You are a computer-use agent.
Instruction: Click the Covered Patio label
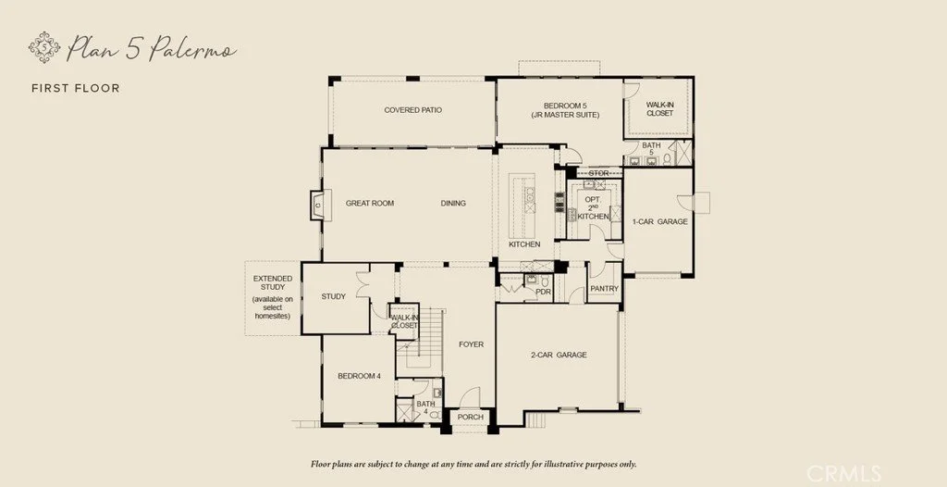(x=413, y=110)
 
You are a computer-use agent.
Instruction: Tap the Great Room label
(x=370, y=204)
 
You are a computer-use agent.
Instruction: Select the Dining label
(x=453, y=204)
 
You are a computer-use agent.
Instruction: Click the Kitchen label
(x=524, y=244)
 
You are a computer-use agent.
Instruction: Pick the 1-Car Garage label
(x=659, y=221)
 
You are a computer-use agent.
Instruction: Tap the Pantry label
(x=605, y=289)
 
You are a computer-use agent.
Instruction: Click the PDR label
(x=544, y=292)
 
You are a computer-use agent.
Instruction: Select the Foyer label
(x=471, y=344)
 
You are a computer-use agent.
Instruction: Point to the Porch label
(x=471, y=417)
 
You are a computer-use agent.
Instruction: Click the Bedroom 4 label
(x=360, y=376)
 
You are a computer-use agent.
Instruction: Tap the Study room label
(x=333, y=296)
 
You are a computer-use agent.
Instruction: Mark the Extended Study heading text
(x=273, y=282)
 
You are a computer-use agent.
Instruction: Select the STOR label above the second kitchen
(x=598, y=173)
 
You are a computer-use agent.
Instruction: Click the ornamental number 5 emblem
(x=44, y=47)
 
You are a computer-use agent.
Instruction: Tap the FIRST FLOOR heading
(x=76, y=88)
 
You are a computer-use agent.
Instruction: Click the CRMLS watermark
(x=843, y=472)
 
